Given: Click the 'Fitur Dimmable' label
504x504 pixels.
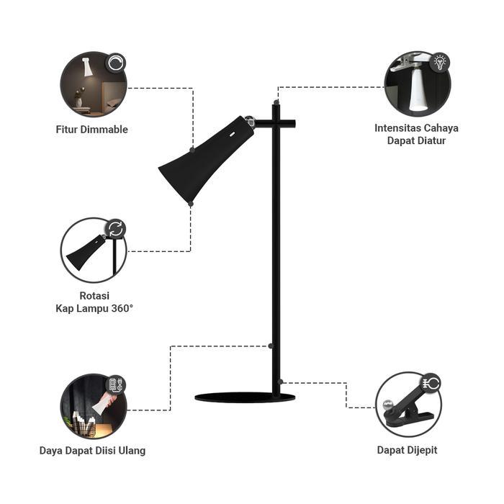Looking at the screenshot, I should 91,130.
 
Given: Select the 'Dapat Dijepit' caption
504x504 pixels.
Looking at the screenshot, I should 407,450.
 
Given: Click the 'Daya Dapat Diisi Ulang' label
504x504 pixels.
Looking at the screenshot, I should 92,451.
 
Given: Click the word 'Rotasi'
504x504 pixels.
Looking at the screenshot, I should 94,295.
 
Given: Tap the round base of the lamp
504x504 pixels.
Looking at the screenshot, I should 244,397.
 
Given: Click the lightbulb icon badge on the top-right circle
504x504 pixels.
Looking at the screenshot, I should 438,62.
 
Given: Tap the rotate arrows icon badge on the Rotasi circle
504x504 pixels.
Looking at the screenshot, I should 115,229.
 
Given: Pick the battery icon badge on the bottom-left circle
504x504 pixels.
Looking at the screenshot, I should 115,384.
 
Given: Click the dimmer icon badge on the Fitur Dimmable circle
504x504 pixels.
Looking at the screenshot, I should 114,63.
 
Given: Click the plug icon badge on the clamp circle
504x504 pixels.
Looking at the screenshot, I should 432,383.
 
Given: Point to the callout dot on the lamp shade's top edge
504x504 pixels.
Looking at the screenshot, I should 192,150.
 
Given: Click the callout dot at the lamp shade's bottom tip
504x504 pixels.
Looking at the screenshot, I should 190,204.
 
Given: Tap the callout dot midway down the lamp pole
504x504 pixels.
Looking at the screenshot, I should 271,346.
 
